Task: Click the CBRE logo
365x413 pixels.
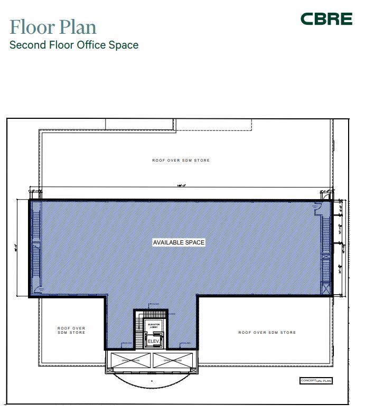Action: coord(326,20)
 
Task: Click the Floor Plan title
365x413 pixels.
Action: coord(53,26)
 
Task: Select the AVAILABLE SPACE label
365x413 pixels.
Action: coord(179,242)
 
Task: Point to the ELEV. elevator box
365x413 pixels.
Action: coord(153,342)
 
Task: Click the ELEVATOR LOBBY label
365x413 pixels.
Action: coord(154,326)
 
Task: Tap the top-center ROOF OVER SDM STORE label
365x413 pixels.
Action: coord(181,161)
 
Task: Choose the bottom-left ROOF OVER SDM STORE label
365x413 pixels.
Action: coord(71,331)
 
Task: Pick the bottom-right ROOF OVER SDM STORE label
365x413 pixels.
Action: coord(267,333)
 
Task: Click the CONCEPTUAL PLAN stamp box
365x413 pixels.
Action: coord(316,381)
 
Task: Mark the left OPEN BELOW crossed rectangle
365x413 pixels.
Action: coord(129,361)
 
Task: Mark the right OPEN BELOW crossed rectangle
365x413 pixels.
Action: coord(174,361)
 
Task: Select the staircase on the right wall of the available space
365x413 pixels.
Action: coord(326,248)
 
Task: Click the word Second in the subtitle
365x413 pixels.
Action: coord(27,45)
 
